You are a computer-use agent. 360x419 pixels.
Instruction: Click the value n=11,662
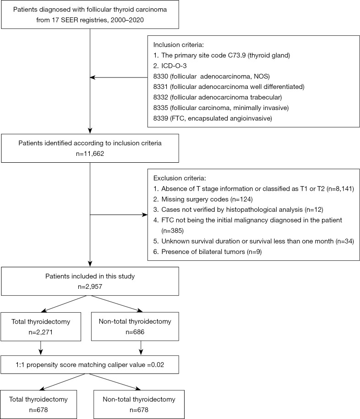point(90,154)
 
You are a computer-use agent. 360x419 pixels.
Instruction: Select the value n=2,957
point(90,287)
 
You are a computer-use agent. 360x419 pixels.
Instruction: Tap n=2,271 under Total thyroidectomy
point(41,332)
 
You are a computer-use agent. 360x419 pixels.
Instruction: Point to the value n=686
point(135,332)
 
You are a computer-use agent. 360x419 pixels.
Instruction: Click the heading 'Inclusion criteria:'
point(179,44)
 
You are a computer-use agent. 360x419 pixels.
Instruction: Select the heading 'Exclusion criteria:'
point(180,178)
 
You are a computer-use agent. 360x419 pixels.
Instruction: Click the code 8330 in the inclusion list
point(160,77)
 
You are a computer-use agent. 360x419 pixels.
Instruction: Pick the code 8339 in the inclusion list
point(160,118)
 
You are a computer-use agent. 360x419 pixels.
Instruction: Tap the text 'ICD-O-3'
point(174,66)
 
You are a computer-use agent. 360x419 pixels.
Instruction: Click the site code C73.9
point(237,55)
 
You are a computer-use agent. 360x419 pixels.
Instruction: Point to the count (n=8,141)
point(340,189)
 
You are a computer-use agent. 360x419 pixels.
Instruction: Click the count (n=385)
point(173,231)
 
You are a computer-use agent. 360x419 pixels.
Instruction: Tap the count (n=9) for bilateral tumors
point(254,252)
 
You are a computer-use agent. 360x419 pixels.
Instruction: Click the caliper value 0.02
point(158,365)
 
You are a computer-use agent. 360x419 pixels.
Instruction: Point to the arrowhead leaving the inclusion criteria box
point(93,77)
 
